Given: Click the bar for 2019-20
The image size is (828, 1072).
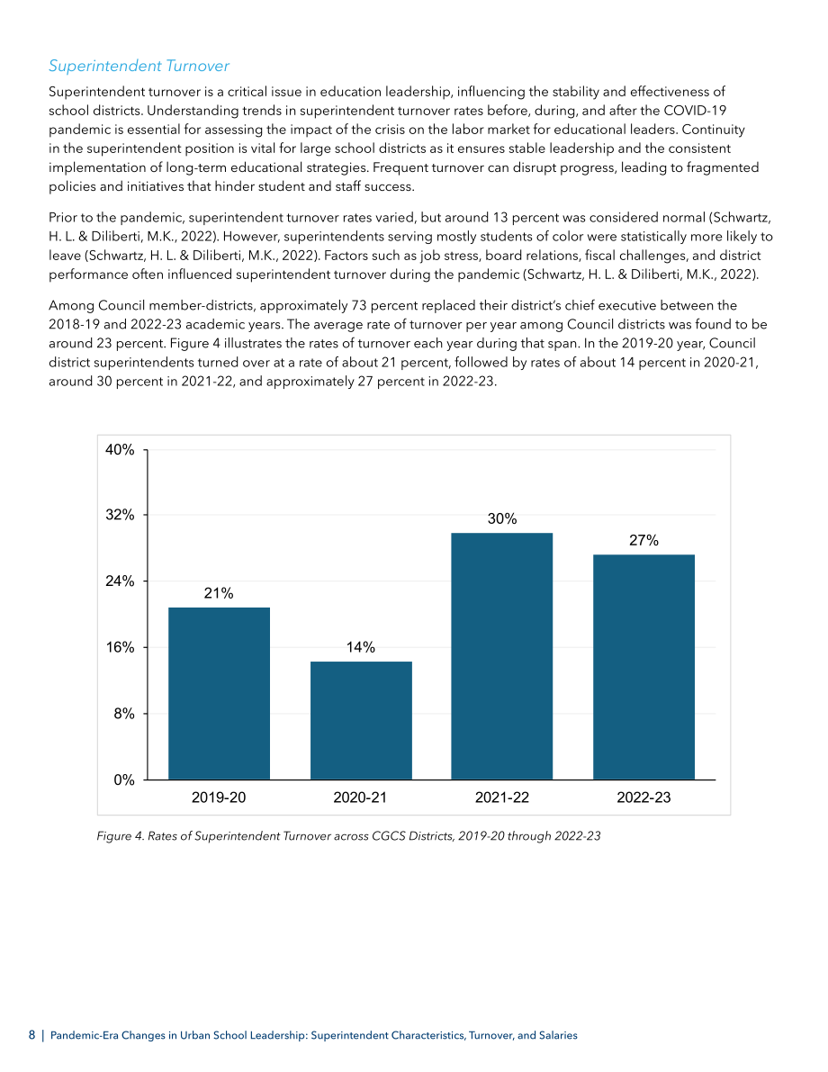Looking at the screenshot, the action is pyautogui.click(x=219, y=693).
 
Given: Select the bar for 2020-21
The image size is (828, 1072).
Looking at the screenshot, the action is pyautogui.click(x=361, y=721).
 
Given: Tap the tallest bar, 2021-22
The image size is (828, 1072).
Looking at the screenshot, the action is pyautogui.click(x=502, y=656).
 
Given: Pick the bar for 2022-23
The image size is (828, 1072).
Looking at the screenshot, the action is pyautogui.click(x=643, y=667).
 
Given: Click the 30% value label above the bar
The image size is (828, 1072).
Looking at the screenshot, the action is pyautogui.click(x=502, y=519).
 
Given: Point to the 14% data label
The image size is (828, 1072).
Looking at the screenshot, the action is pyautogui.click(x=360, y=647).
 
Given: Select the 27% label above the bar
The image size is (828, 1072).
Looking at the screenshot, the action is pyautogui.click(x=643, y=541).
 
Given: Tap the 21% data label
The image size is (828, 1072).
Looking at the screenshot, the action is pyautogui.click(x=219, y=593).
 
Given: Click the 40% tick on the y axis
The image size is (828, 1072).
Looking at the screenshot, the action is pyautogui.click(x=120, y=450).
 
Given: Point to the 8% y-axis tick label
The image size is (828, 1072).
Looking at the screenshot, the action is pyautogui.click(x=124, y=714).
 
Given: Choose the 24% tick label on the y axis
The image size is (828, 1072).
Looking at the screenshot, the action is pyautogui.click(x=120, y=581).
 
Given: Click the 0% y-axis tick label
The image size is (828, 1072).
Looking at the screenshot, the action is pyautogui.click(x=124, y=780).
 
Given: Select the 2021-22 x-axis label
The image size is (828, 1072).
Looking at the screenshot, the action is pyautogui.click(x=502, y=797).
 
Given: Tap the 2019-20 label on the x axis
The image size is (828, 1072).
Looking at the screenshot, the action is pyautogui.click(x=219, y=797).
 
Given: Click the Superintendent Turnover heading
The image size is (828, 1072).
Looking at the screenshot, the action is pyautogui.click(x=139, y=66).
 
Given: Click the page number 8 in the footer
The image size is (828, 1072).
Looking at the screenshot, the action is pyautogui.click(x=31, y=1035).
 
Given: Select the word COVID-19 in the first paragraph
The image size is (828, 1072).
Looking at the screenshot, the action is pyautogui.click(x=695, y=111).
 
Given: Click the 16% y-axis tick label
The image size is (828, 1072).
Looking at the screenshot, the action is pyautogui.click(x=120, y=647).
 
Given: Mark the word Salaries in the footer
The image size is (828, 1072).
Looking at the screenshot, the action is pyautogui.click(x=558, y=1035).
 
